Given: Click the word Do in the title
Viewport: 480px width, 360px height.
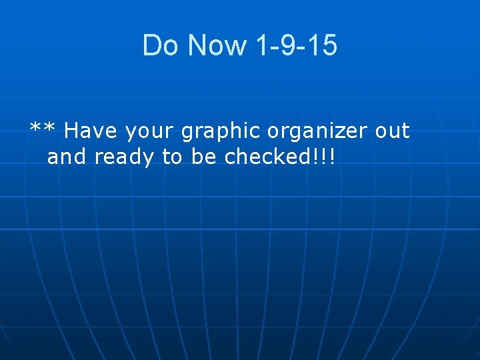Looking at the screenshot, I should pos(160,46).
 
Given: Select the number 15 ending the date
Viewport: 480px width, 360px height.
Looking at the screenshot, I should pos(323,46).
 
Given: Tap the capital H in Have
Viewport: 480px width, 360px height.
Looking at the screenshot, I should pos(71,132).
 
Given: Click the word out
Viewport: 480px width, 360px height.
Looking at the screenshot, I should pos(392,132).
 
